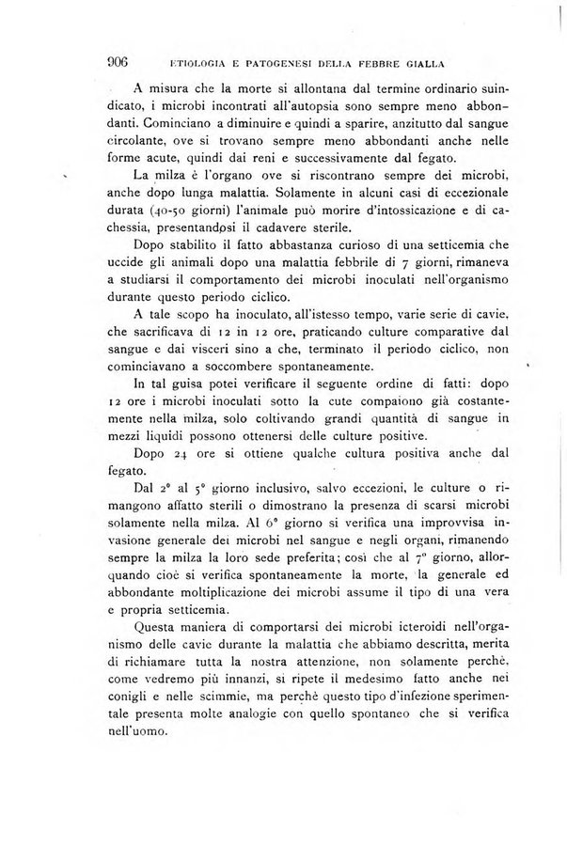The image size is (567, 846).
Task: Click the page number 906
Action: (117, 63)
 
